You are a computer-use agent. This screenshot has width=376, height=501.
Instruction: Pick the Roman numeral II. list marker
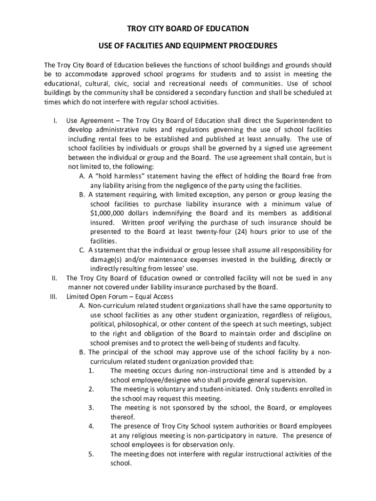[55, 278]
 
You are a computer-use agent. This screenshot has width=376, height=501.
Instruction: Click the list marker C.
[83, 250]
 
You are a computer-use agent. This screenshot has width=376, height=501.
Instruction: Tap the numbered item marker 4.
[91, 426]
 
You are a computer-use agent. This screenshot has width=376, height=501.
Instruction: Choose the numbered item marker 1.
[91, 371]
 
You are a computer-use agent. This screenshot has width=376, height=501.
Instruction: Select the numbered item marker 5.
[91, 454]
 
